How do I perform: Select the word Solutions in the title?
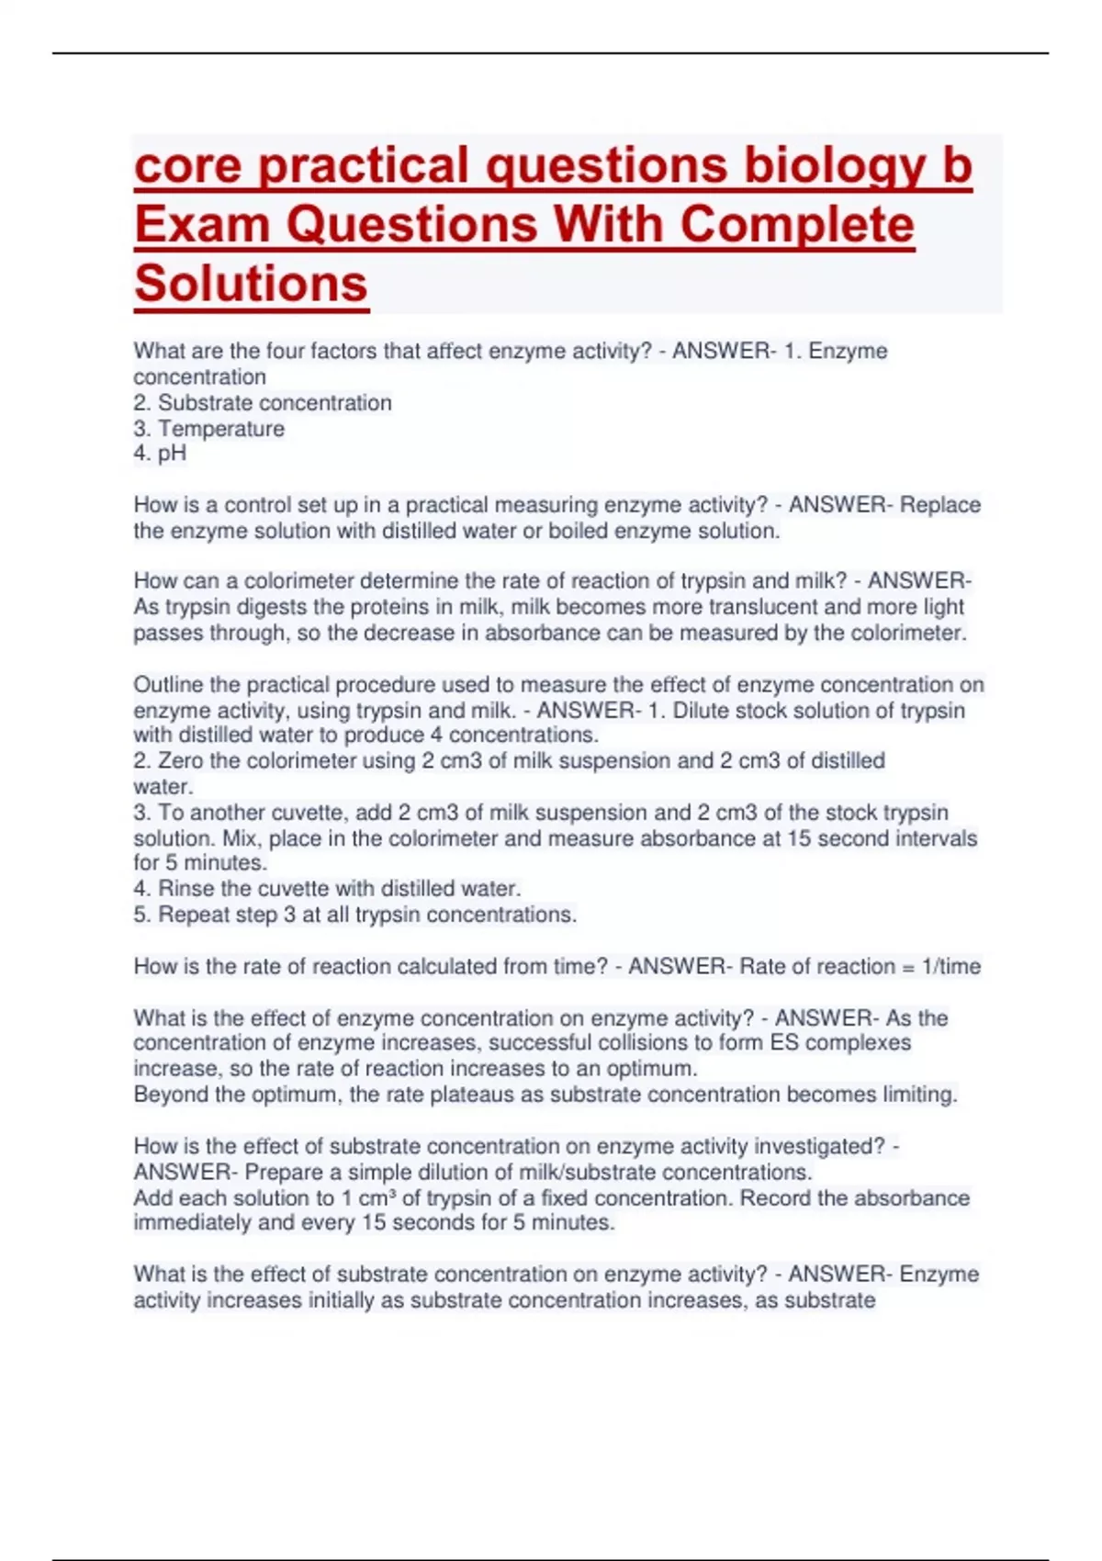point(251,284)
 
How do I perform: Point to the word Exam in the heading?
point(201,225)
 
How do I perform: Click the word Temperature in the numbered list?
point(221,429)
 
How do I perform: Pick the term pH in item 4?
point(172,454)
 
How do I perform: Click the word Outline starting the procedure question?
point(169,685)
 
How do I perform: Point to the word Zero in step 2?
point(181,761)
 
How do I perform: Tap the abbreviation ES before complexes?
point(783,1043)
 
